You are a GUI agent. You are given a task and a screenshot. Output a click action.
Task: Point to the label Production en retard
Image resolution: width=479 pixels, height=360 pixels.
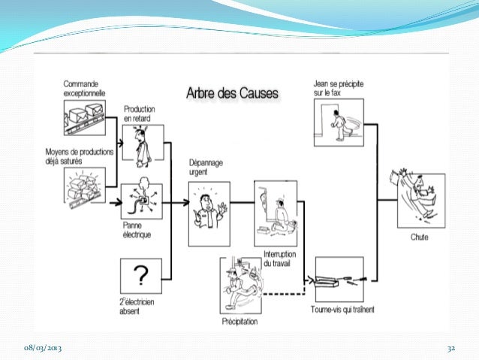point(140,113)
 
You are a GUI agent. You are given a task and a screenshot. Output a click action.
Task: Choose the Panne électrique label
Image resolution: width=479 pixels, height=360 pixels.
point(137,228)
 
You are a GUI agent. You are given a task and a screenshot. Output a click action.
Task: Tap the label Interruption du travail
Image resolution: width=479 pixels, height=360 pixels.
point(279,259)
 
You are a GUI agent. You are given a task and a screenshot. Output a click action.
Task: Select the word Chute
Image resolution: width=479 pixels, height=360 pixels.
point(420,237)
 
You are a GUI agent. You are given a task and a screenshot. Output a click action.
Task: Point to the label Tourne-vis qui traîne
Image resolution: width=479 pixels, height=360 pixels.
point(343,310)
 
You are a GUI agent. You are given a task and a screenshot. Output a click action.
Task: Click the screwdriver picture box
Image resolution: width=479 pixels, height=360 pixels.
point(339,279)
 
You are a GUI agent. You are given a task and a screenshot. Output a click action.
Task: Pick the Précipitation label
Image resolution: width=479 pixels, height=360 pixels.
point(239,322)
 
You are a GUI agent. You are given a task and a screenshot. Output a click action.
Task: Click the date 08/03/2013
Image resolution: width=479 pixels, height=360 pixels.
point(42,349)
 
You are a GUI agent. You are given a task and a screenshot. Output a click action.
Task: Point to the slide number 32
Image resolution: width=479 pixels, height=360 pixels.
point(451,349)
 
